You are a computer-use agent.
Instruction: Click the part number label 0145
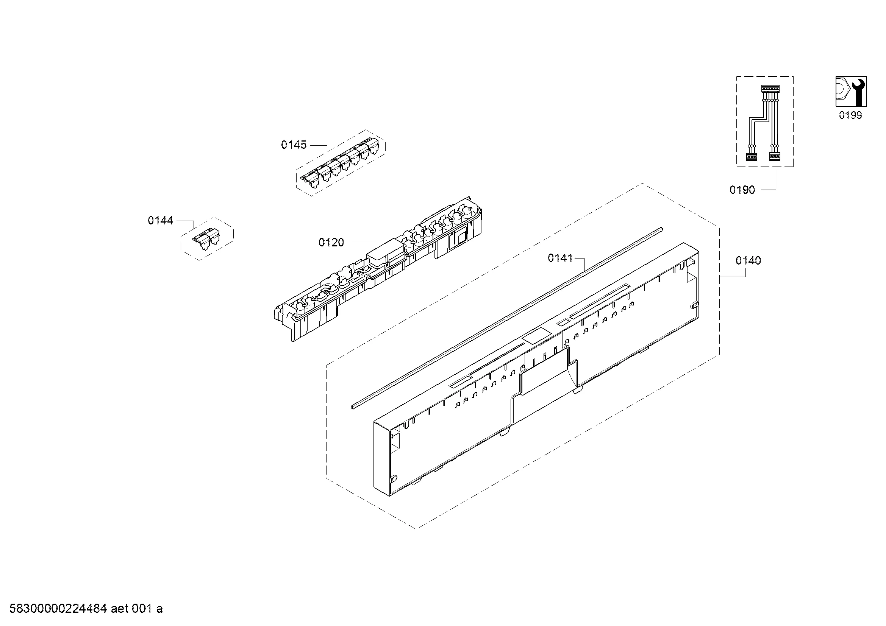click(x=294, y=145)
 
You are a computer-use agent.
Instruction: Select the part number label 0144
click(x=161, y=221)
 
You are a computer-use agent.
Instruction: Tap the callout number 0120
click(x=331, y=243)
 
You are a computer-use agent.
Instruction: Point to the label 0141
click(x=561, y=258)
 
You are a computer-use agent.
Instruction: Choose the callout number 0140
click(x=748, y=260)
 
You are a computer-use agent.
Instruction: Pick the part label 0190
click(x=742, y=190)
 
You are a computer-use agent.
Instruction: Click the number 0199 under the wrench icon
click(x=850, y=115)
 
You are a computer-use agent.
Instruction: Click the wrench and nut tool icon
click(x=851, y=91)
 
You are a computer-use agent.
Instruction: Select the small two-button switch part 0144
click(x=207, y=238)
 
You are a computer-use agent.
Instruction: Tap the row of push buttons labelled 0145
click(x=341, y=164)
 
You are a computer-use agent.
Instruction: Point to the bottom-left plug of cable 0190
click(x=751, y=157)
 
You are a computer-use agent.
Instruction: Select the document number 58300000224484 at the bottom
click(x=58, y=609)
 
